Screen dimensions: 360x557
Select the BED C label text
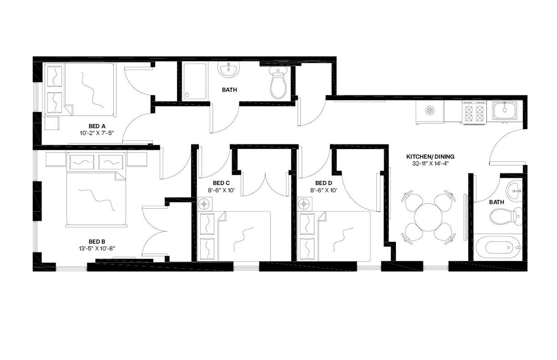pyautogui.click(x=221, y=183)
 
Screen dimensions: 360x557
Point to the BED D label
pyautogui.click(x=323, y=183)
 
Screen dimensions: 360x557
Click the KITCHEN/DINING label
pyautogui.click(x=427, y=157)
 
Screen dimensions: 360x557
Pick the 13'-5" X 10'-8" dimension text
pyautogui.click(x=97, y=248)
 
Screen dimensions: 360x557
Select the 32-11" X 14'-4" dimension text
pyautogui.click(x=427, y=164)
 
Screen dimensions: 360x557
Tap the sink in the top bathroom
pyautogui.click(x=228, y=70)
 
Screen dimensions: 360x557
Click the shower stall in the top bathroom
pyautogui.click(x=195, y=81)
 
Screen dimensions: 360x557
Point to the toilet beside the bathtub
pyautogui.click(x=505, y=216)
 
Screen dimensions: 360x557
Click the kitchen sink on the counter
pyautogui.click(x=505, y=110)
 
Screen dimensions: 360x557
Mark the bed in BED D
pyautogui.click(x=335, y=236)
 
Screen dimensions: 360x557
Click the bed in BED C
pyautogui.click(x=235, y=236)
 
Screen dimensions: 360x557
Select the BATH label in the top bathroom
pyautogui.click(x=229, y=90)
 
